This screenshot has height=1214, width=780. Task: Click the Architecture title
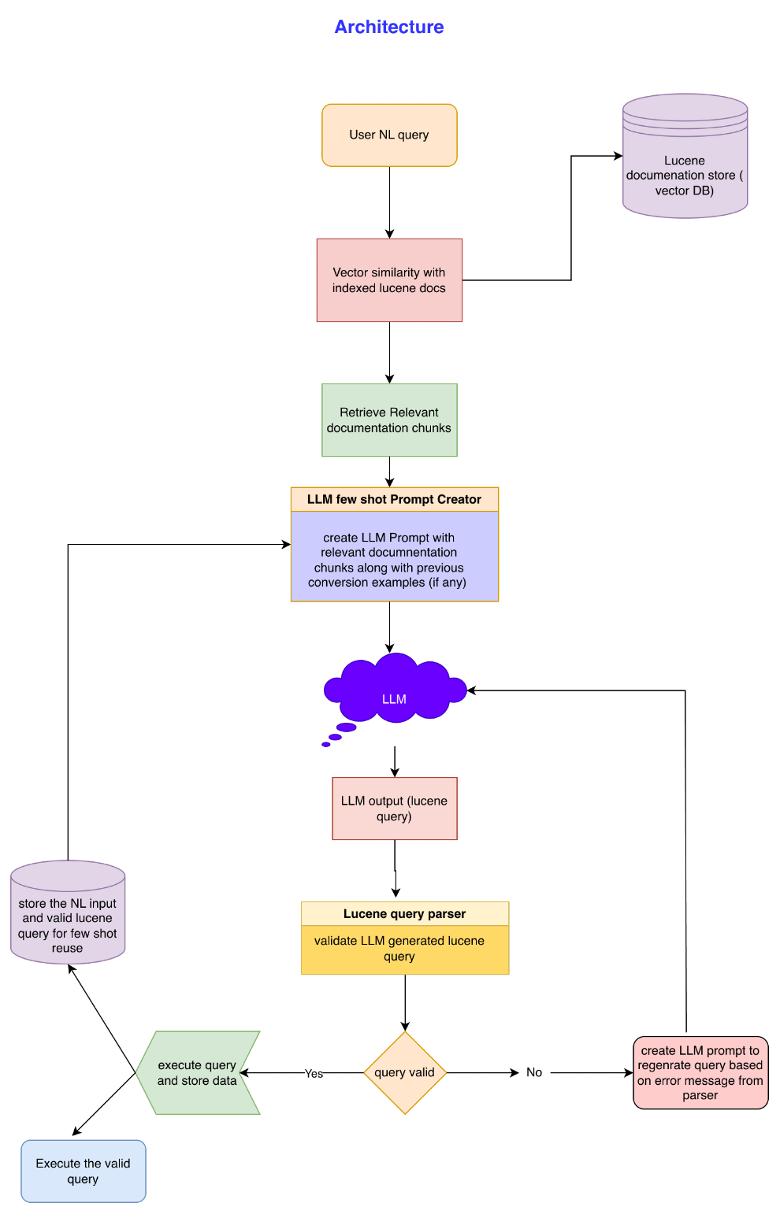pos(388,28)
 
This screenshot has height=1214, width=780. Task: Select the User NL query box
pos(389,135)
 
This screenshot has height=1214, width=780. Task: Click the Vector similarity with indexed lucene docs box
pos(389,280)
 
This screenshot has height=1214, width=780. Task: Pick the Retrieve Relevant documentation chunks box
pos(389,420)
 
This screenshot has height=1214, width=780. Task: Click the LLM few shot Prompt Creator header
pos(394,499)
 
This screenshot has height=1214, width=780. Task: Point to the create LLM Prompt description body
pos(394,560)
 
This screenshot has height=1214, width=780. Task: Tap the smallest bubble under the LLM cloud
pos(326,744)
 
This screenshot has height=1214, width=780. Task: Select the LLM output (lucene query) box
pos(394,809)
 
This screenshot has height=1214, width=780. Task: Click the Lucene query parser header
pos(405,914)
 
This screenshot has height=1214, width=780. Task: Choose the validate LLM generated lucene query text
pos(399,949)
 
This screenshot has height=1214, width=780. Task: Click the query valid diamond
pos(405,1072)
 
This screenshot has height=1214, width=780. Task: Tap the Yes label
pos(314,1074)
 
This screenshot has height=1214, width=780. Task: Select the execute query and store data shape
pos(197,1072)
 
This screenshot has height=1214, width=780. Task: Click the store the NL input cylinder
pos(68,917)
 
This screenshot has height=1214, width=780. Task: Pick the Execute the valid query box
pos(83,1171)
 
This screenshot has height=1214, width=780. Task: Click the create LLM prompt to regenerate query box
pos(700,1072)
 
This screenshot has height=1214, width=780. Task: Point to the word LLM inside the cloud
pos(394,699)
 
